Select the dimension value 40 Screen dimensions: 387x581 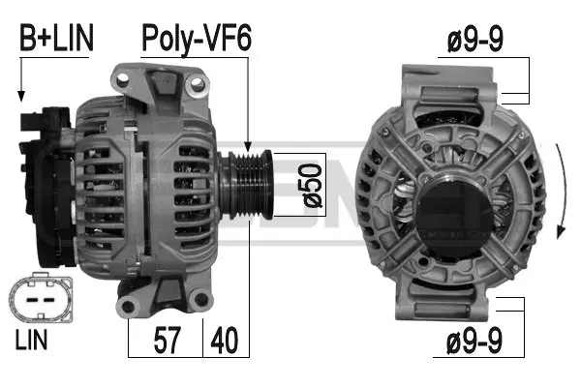[225, 340]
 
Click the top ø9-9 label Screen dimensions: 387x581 [473, 40]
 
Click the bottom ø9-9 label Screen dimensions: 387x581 [473, 342]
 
